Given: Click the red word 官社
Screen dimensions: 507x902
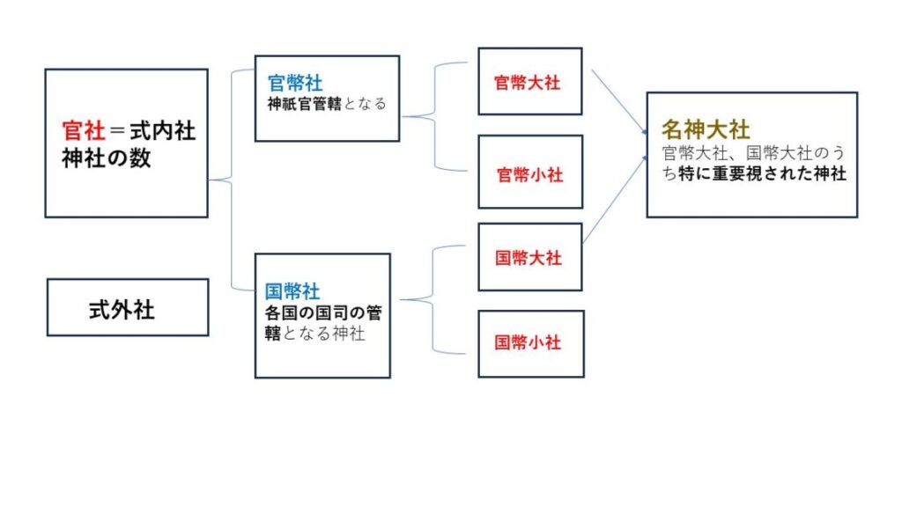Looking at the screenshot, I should (x=83, y=132).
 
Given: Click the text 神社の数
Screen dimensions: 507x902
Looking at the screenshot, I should (x=107, y=159).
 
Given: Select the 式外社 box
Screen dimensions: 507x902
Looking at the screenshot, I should (x=127, y=308).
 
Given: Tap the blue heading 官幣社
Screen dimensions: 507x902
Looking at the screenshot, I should (x=295, y=84).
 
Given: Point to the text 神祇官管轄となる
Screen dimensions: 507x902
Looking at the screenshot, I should (x=327, y=104).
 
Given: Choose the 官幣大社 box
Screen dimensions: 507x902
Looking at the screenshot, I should (x=529, y=82).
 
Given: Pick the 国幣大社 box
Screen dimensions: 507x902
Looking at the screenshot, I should (x=529, y=258).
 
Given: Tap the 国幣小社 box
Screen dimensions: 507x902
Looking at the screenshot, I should (x=529, y=342).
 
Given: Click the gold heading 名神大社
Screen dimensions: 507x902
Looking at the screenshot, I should (x=706, y=129).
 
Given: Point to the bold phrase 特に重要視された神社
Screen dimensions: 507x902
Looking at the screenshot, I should (x=763, y=174).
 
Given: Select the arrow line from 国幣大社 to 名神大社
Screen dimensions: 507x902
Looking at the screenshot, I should (x=615, y=201).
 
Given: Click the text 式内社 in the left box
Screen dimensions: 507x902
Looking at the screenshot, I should (x=162, y=132).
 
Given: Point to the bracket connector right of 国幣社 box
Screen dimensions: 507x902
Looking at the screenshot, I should (x=435, y=300).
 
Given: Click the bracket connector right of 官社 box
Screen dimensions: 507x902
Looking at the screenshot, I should (x=231, y=180).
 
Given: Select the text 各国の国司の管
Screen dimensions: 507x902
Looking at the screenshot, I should (x=323, y=313).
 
